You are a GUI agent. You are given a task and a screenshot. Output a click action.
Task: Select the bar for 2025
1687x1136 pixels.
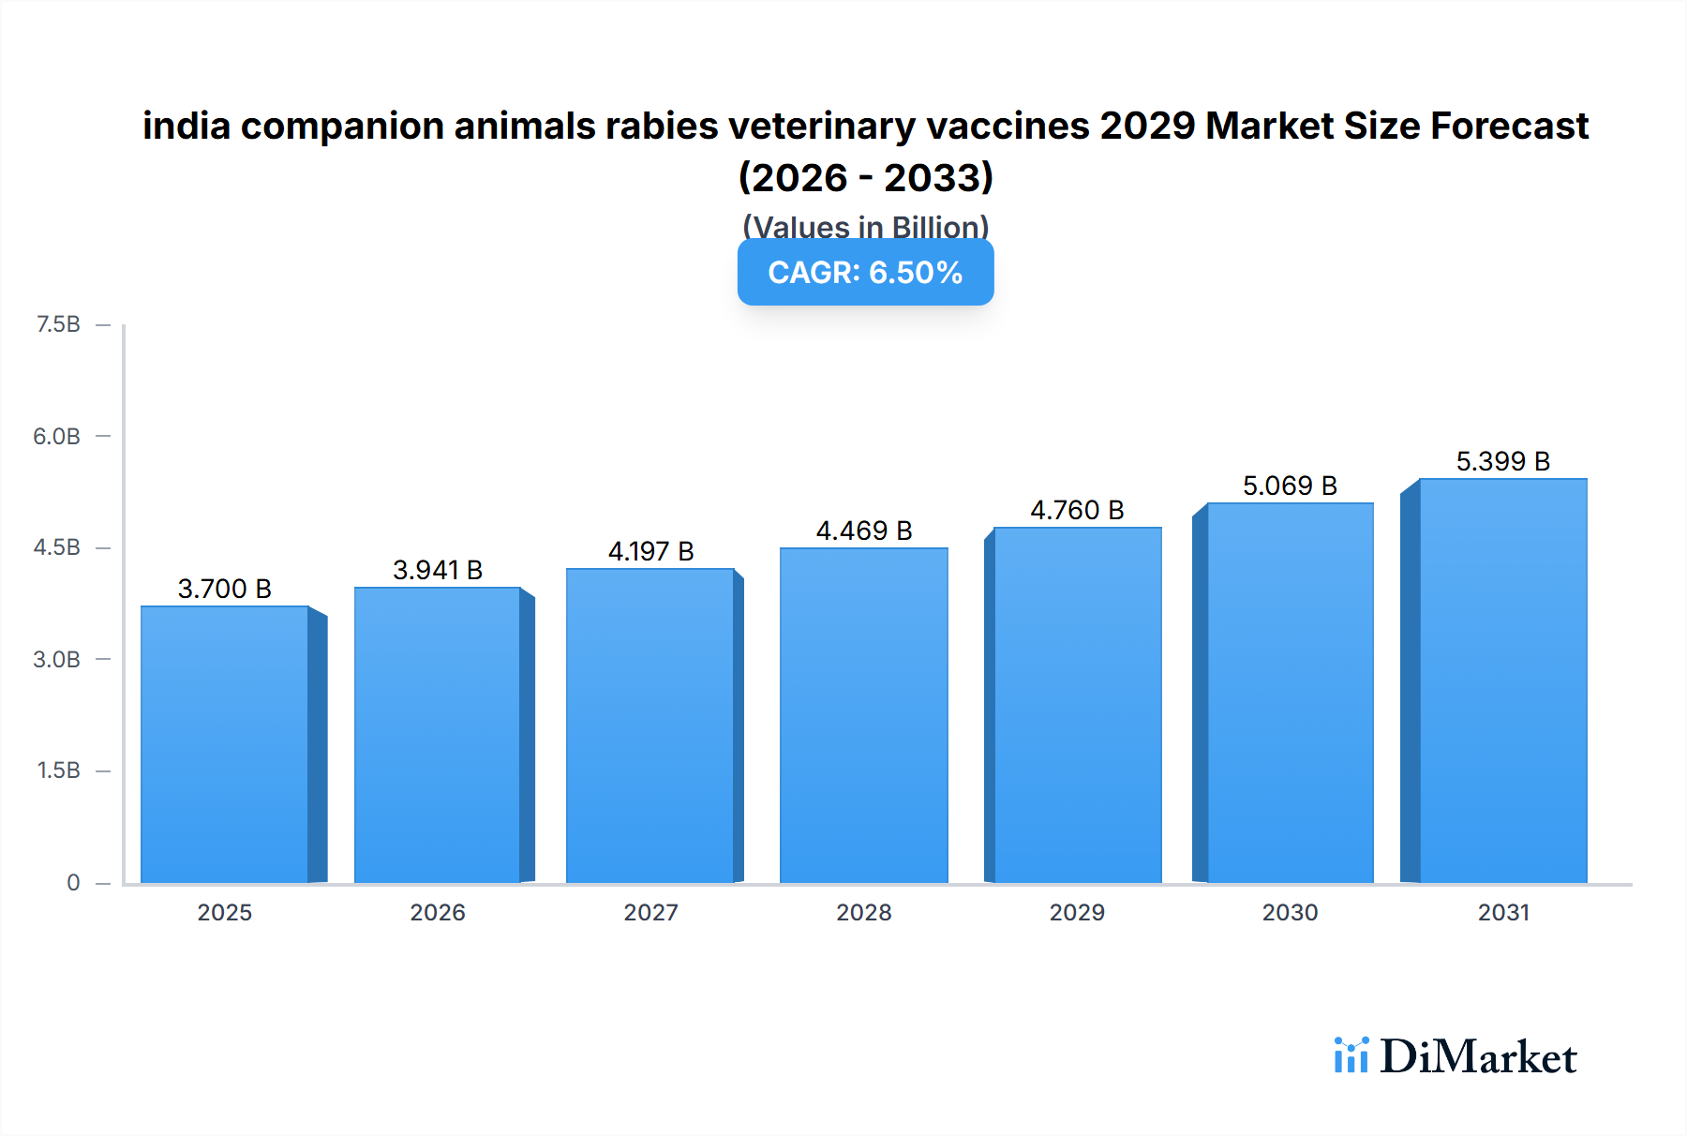pyautogui.click(x=225, y=745)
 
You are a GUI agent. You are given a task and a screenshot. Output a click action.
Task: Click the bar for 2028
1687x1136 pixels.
pyautogui.click(x=863, y=716)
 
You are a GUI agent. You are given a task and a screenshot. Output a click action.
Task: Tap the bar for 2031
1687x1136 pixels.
pyautogui.click(x=1502, y=681)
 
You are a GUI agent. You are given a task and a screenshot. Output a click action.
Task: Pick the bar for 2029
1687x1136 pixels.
pyautogui.click(x=1077, y=706)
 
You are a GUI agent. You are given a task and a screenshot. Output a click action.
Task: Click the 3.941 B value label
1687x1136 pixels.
pyautogui.click(x=438, y=570)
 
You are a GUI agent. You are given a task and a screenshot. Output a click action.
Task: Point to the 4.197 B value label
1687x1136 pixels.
pyautogui.click(x=650, y=551)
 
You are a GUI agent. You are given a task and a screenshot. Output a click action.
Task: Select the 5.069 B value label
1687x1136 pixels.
pyautogui.click(x=1290, y=486)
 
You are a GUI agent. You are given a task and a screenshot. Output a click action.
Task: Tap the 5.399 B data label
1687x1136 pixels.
pyautogui.click(x=1502, y=461)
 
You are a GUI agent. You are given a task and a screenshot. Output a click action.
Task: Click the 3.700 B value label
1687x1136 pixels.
pyautogui.click(x=225, y=589)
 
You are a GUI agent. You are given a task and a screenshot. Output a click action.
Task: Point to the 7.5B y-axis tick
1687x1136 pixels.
pyautogui.click(x=58, y=324)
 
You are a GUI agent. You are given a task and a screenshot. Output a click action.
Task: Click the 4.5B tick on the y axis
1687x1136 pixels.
pyautogui.click(x=57, y=547)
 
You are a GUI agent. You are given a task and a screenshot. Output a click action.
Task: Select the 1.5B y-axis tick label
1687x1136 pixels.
pyautogui.click(x=58, y=770)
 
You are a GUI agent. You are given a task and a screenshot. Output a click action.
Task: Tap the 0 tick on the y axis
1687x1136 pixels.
pyautogui.click(x=73, y=882)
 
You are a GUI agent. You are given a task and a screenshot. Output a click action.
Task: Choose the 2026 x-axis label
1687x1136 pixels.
pyautogui.click(x=438, y=912)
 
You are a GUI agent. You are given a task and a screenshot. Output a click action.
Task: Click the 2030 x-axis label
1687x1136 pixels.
pyautogui.click(x=1290, y=912)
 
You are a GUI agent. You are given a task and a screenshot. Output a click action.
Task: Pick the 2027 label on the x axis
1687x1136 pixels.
pyautogui.click(x=650, y=912)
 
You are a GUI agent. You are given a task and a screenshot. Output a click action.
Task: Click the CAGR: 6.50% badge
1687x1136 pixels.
pyautogui.click(x=865, y=272)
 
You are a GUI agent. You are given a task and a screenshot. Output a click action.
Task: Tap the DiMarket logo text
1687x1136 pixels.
pyautogui.click(x=1477, y=1057)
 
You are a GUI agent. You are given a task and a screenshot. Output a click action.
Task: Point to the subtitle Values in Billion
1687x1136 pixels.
pyautogui.click(x=865, y=227)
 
